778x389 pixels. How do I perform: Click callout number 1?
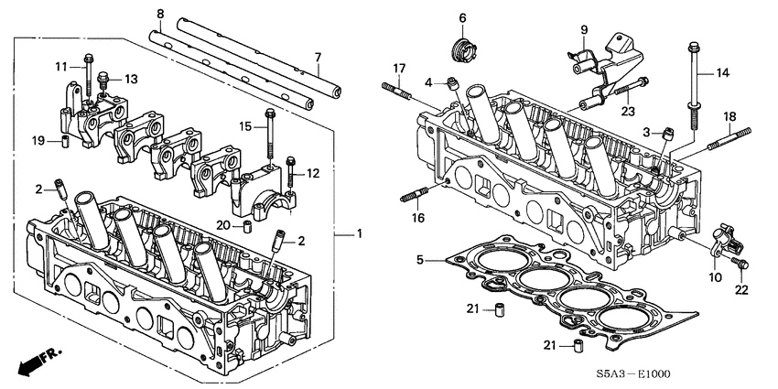[360, 234]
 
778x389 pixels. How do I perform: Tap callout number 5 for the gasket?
[420, 261]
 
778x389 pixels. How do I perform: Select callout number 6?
[462, 17]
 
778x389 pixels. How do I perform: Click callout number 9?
[583, 29]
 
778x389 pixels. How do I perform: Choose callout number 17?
[399, 68]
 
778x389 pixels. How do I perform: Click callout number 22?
[741, 290]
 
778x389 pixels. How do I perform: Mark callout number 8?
[159, 14]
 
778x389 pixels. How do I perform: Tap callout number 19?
[38, 141]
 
